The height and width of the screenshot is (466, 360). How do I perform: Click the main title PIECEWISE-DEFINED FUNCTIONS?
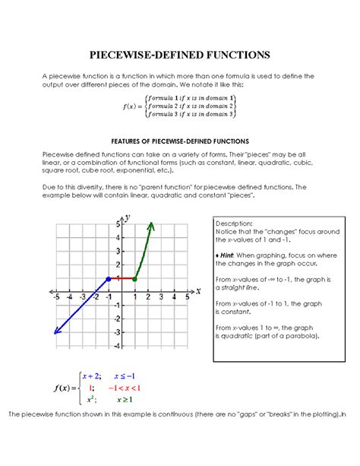coord(180,55)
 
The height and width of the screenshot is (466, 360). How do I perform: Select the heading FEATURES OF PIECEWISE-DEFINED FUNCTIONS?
coord(180,141)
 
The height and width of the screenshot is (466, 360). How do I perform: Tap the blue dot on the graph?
coord(109,279)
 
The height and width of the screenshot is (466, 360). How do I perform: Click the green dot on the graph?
coord(134,279)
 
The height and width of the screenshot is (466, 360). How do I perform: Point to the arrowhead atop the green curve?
coord(151,226)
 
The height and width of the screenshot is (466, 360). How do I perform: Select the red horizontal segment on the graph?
coord(122,279)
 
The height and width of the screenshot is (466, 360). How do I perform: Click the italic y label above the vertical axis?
coord(128,218)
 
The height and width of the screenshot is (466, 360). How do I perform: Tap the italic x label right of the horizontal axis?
coord(198,290)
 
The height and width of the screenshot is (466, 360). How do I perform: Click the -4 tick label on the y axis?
coord(116,347)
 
